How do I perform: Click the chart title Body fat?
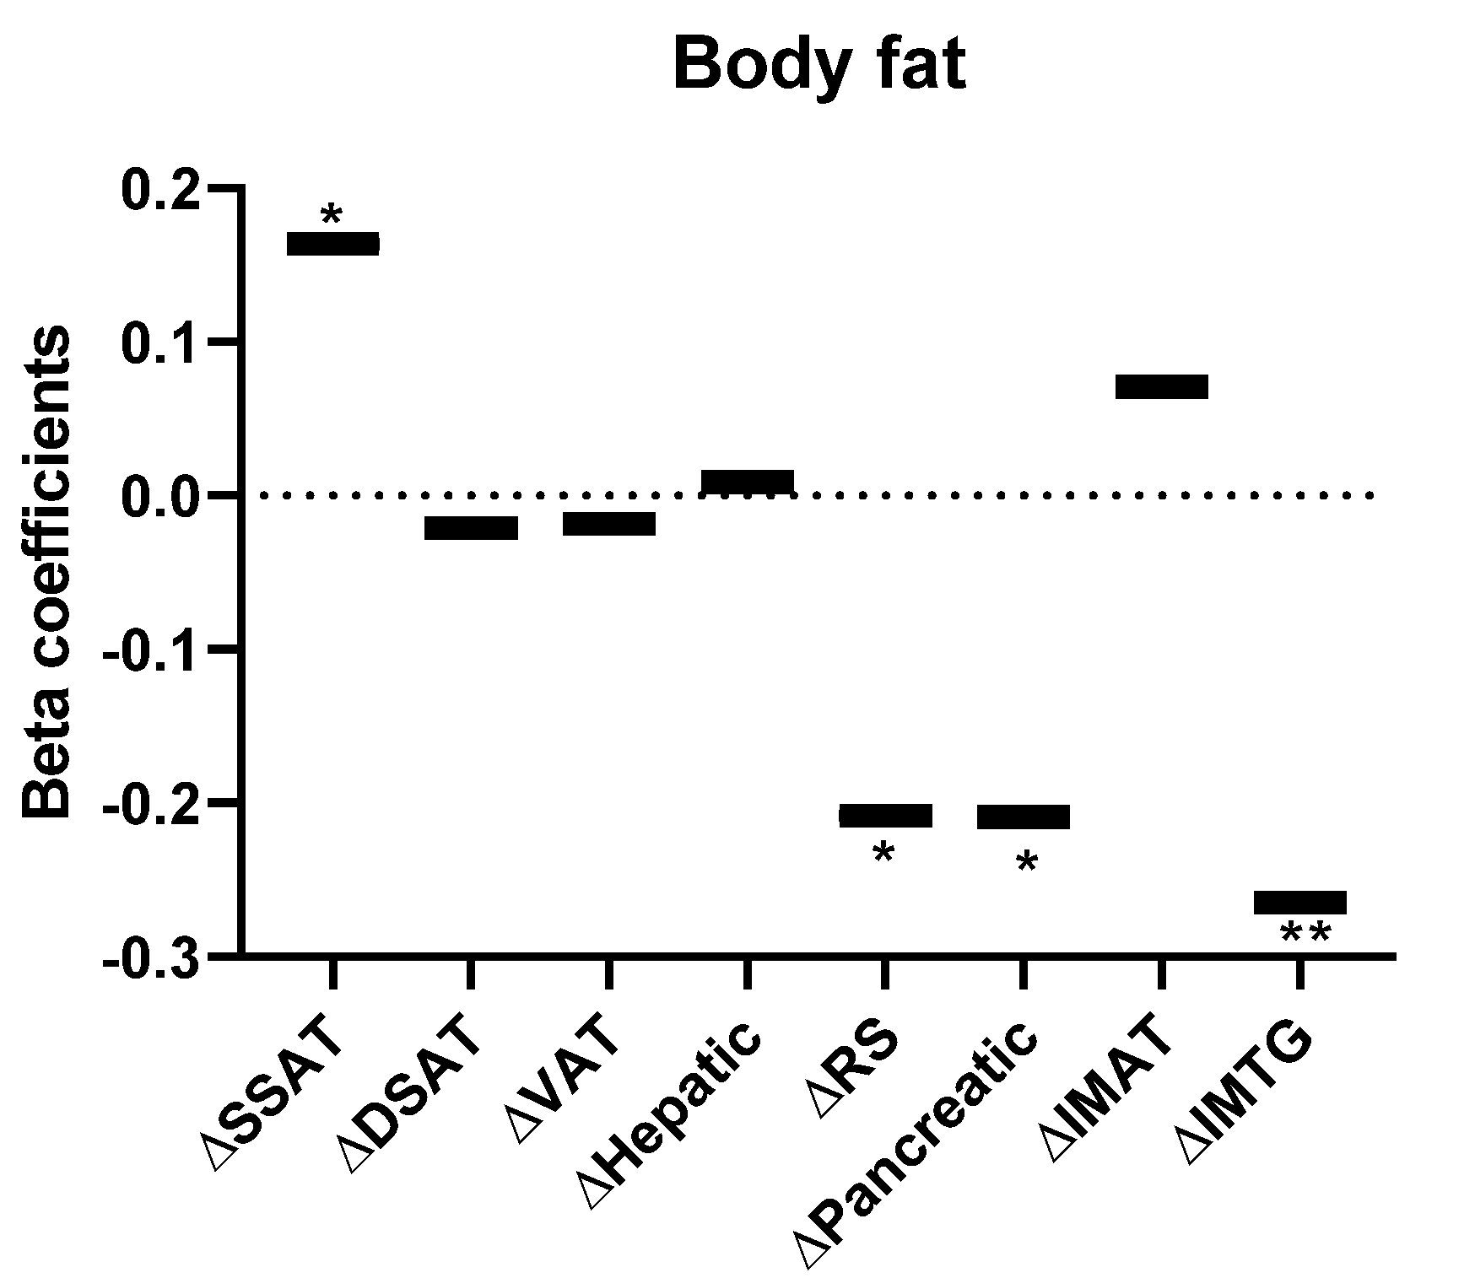[819, 65]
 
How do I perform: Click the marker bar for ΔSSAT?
[333, 244]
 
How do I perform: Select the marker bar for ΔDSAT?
[471, 528]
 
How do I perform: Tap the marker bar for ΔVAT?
[609, 524]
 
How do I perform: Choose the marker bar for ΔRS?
[885, 816]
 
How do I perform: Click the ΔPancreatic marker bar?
[1024, 817]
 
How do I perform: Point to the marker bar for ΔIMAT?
[1162, 386]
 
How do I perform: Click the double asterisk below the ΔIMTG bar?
[1305, 934]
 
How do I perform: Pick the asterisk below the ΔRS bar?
[883, 854]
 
